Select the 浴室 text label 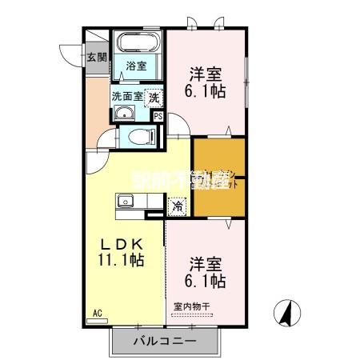136,67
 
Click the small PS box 158,116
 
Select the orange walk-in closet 218,177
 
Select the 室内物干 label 192,306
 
